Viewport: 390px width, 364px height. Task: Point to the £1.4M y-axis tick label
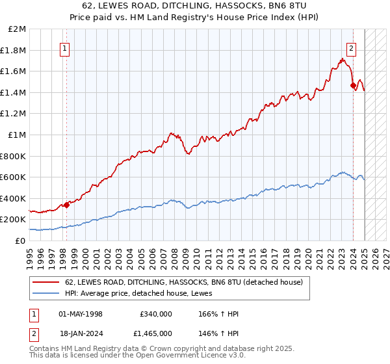click(x=14, y=92)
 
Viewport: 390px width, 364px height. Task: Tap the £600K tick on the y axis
click(x=14, y=177)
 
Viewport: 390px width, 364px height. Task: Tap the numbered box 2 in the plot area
click(x=351, y=47)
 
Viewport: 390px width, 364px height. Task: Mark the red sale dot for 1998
click(x=66, y=205)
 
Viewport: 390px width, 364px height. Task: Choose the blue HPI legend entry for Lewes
click(x=143, y=294)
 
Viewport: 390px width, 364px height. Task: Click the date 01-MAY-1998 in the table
click(x=81, y=314)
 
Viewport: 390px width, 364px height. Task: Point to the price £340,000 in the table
click(x=155, y=314)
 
